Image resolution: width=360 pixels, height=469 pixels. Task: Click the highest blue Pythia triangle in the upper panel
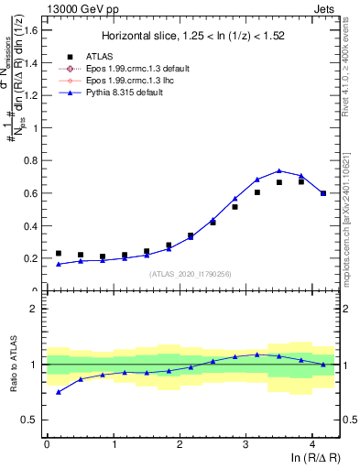pos(278,170)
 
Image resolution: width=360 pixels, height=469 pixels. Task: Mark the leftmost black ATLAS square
pos(59,254)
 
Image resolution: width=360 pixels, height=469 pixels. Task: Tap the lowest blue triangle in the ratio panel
pos(59,392)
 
